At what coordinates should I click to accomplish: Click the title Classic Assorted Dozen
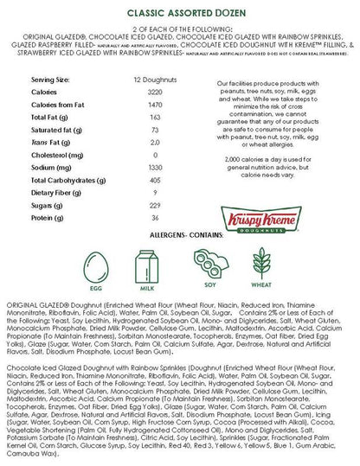tap(179, 13)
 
